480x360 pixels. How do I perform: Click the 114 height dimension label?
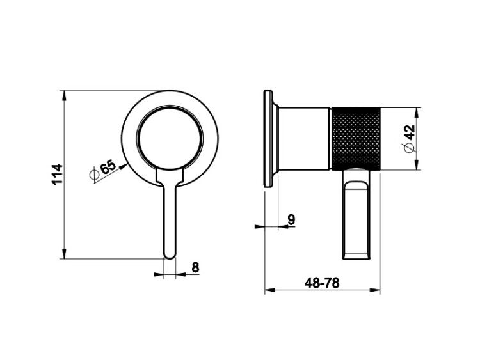(57, 174)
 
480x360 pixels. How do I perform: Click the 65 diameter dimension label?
(108, 167)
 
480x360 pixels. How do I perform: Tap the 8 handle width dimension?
(195, 267)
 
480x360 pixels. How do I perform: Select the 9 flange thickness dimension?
(291, 219)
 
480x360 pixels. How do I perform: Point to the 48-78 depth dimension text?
(322, 283)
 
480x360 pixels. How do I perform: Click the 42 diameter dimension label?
(410, 132)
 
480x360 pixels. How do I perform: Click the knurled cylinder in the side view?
(356, 138)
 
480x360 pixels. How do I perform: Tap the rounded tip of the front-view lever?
(170, 256)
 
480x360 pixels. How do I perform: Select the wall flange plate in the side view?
(268, 138)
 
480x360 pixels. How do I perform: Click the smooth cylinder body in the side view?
(304, 138)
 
